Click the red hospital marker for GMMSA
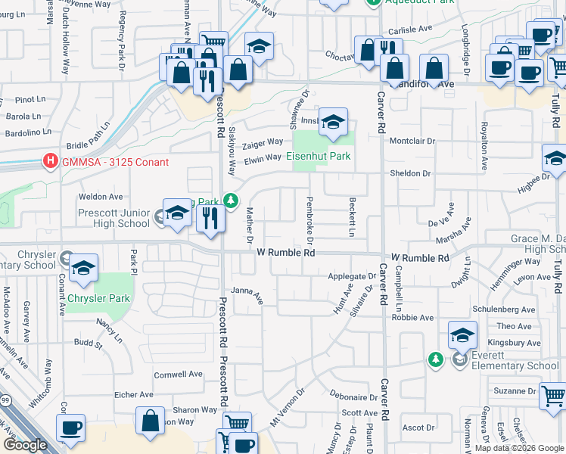[51, 161]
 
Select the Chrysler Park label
[98, 298]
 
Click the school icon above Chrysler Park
[83, 269]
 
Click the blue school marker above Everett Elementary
[462, 334]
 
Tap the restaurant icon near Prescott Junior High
[210, 218]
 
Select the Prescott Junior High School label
[114, 218]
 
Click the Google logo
[25, 445]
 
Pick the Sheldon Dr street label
[409, 173]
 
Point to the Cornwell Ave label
[179, 374]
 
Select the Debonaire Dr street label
[353, 396]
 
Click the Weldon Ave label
[101, 197]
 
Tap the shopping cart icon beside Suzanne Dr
[554, 395]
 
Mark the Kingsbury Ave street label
[514, 343]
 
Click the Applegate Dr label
[352, 276]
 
